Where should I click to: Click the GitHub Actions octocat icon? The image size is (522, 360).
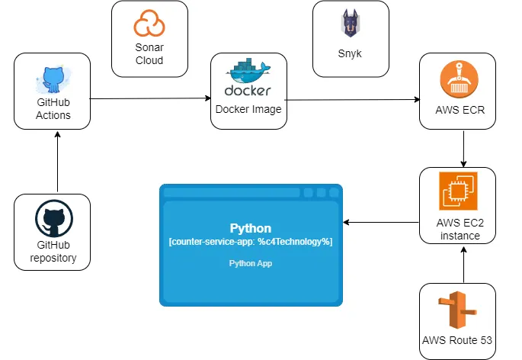[53, 80]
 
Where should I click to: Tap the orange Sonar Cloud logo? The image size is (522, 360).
[149, 24]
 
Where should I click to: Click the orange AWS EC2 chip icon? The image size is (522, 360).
[458, 191]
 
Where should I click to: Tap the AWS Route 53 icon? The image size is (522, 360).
[458, 309]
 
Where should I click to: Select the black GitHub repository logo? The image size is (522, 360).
[53, 220]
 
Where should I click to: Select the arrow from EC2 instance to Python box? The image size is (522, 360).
[381, 223]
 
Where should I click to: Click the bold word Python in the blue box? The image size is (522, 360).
[251, 228]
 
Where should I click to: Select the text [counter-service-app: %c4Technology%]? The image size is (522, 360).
[251, 241]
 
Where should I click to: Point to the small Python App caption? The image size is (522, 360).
[251, 263]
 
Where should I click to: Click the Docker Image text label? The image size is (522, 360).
[248, 109]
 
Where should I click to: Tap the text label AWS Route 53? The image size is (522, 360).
[457, 339]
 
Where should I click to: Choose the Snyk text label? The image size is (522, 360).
[350, 53]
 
